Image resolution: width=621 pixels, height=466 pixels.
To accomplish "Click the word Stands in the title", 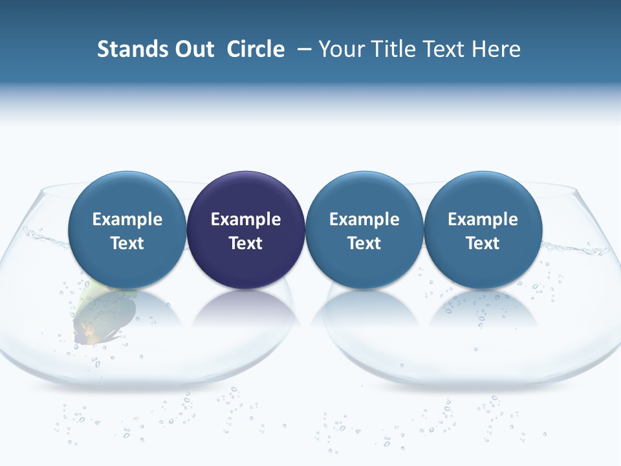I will pyautogui.click(x=126, y=49).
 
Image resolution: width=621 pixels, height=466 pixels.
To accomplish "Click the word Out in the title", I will pyautogui.click(x=192, y=49).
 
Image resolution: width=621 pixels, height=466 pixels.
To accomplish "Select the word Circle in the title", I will pyautogui.click(x=256, y=49).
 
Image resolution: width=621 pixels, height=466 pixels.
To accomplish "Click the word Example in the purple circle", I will pyautogui.click(x=246, y=219).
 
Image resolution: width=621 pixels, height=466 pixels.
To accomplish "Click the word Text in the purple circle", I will pyautogui.click(x=246, y=243).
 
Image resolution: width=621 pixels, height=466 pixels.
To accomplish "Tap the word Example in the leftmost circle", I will pyautogui.click(x=127, y=219).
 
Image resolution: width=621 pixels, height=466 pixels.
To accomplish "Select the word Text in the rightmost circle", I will pyautogui.click(x=483, y=243).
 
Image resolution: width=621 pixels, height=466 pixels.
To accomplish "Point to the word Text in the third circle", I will pyautogui.click(x=364, y=243).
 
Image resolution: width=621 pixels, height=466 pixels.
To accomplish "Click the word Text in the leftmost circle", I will pyautogui.click(x=127, y=243).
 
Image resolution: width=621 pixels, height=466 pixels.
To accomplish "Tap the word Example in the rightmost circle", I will pyautogui.click(x=483, y=219).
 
